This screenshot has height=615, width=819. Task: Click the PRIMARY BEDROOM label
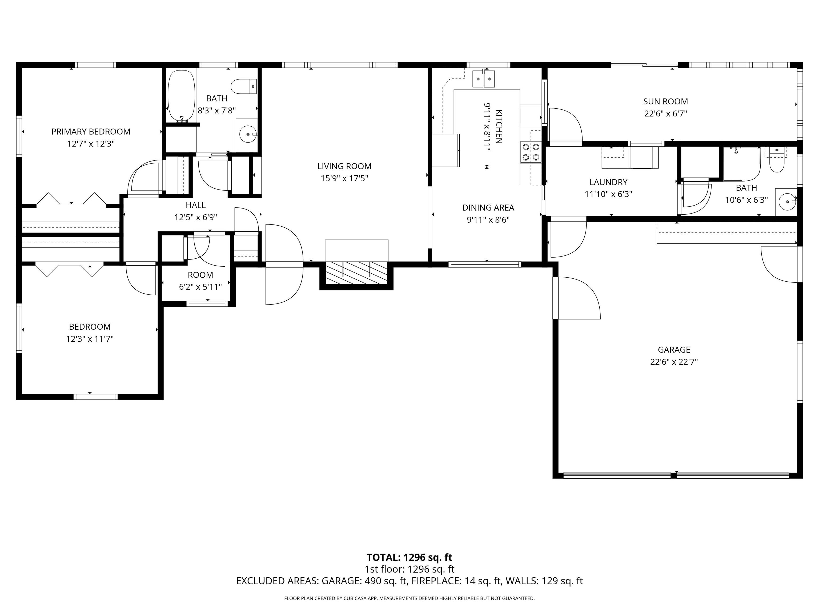91,132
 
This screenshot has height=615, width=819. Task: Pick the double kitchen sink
484,78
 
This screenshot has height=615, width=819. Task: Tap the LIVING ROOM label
344,167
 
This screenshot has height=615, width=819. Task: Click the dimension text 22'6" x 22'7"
674,362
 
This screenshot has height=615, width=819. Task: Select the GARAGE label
674,350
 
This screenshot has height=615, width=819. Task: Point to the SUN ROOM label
665,102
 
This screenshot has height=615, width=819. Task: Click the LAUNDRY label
608,182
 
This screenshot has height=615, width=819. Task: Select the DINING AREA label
488,208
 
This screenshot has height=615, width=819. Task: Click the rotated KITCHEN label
499,127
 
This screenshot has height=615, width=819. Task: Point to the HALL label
195,205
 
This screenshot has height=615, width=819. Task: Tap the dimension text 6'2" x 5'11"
200,287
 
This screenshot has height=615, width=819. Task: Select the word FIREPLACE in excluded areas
436,581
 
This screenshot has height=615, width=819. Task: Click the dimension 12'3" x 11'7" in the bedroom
90,339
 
